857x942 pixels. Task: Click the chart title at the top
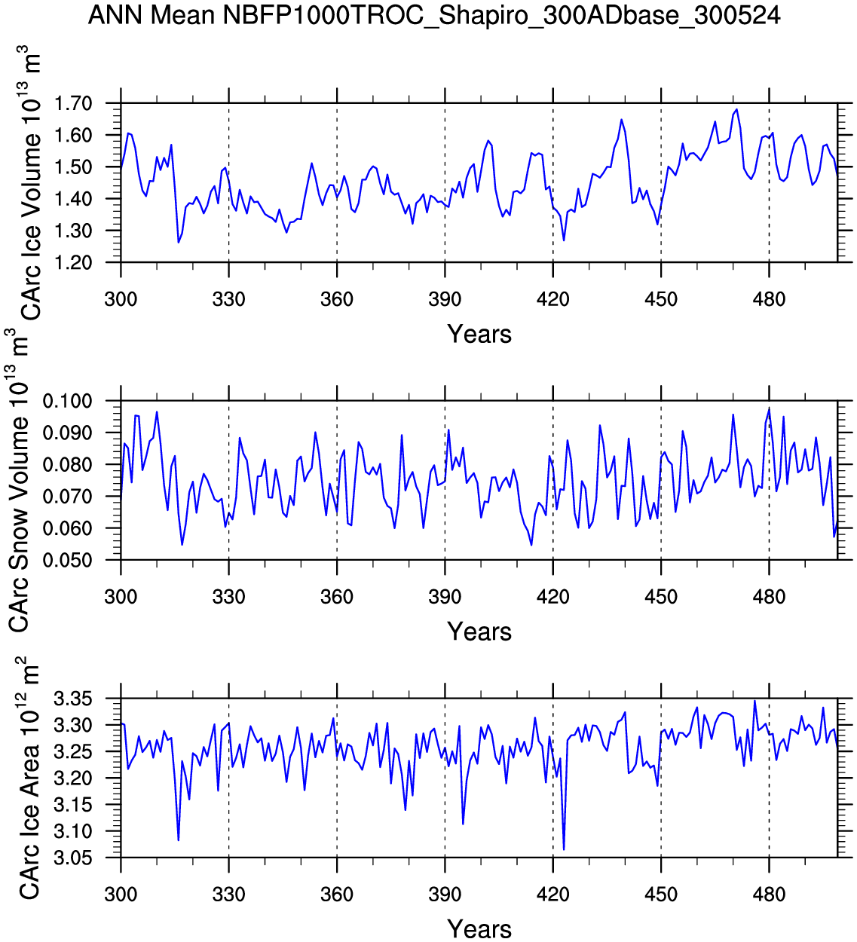(x=434, y=14)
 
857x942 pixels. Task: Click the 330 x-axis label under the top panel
(x=228, y=299)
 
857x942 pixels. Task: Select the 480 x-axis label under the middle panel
(x=769, y=597)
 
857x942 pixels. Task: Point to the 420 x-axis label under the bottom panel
(x=552, y=895)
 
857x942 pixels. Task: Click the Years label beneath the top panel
(x=479, y=334)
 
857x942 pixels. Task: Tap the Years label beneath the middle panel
(x=479, y=632)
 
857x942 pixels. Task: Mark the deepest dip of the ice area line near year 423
(x=564, y=849)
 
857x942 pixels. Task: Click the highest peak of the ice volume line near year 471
(x=736, y=109)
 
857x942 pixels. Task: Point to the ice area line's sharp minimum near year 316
(x=178, y=840)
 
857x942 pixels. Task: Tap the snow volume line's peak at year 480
(x=769, y=408)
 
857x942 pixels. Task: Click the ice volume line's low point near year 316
(x=178, y=242)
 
